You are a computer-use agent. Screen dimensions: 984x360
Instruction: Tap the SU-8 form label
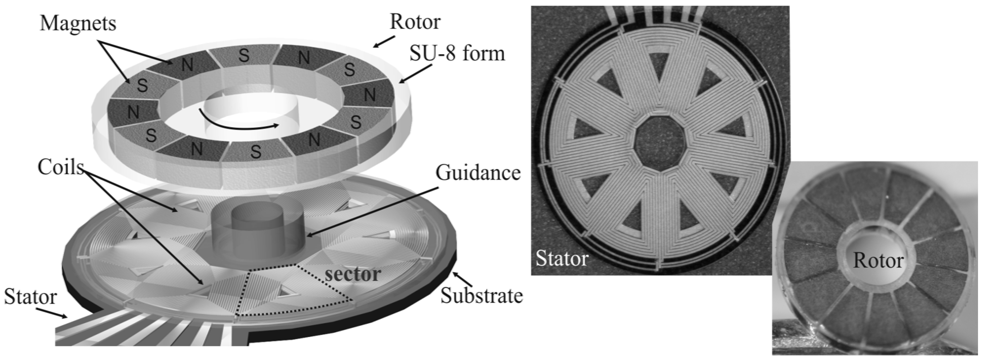[457, 54]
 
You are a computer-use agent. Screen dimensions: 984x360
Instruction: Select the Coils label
[60, 167]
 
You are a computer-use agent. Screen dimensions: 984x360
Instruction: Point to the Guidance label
[478, 173]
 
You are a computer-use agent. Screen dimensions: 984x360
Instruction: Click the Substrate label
[481, 296]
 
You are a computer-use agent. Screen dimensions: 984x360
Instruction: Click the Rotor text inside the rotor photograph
[878, 261]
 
